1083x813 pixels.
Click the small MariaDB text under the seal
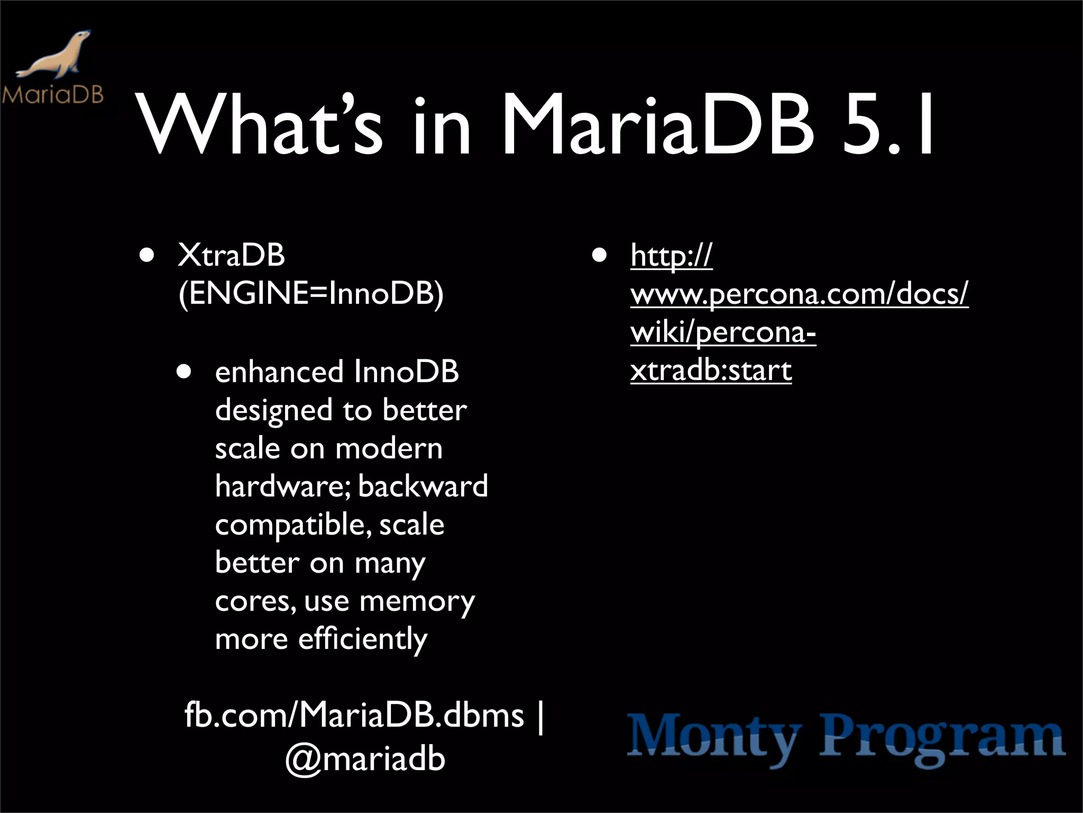pos(52,95)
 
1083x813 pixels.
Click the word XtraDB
pos(232,255)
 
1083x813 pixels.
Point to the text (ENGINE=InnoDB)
pos(311,293)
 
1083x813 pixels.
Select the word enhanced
pos(279,372)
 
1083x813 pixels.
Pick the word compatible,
pos(290,525)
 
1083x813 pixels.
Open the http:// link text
pos(672,256)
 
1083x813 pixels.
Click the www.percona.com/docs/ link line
pos(799,294)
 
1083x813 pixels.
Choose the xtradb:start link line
pos(711,371)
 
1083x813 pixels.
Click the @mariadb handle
pos(365,758)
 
